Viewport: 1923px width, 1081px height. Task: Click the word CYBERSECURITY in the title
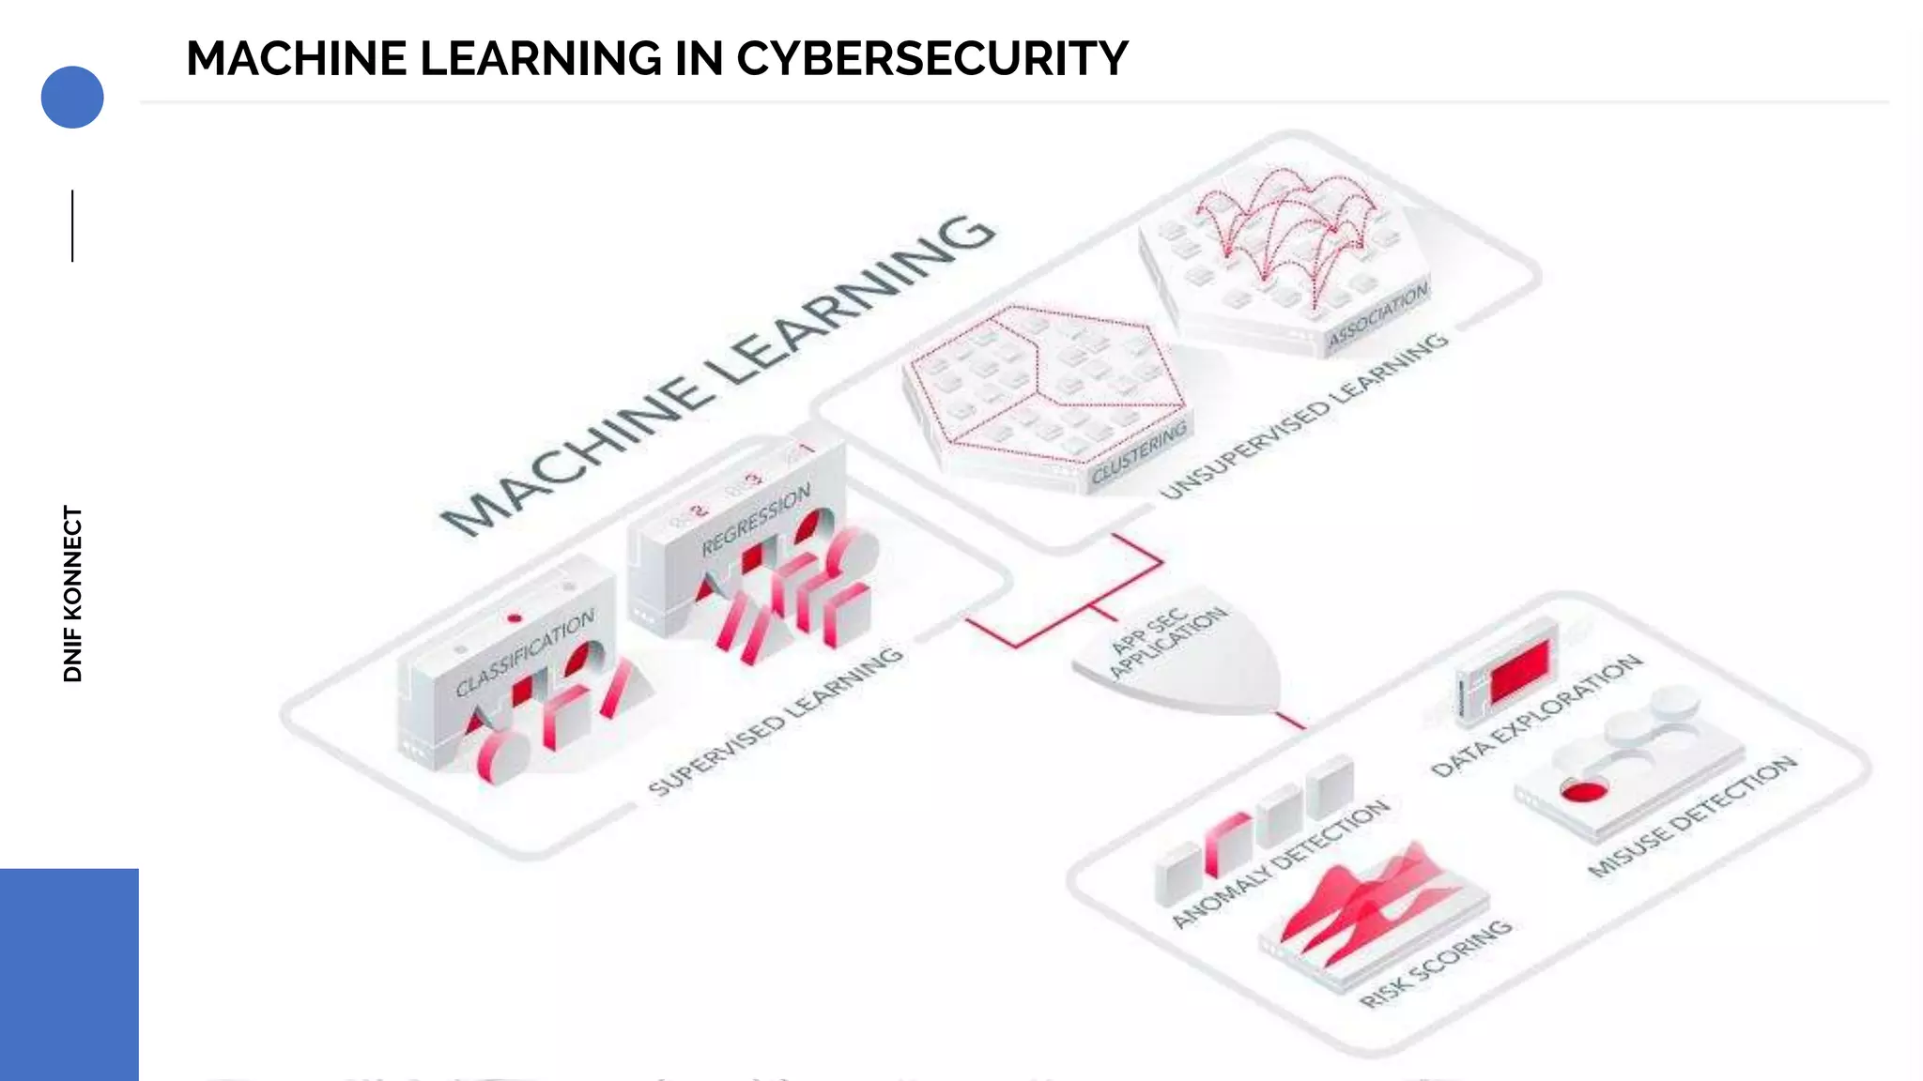[931, 59]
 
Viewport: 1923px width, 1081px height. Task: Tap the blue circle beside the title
[72, 97]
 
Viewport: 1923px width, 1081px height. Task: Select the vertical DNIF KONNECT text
[73, 594]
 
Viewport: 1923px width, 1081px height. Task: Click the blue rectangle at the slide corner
[69, 974]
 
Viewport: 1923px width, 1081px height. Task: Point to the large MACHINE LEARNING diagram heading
[718, 375]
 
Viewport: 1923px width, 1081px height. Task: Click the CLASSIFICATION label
[525, 654]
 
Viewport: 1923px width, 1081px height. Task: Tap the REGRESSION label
[756, 519]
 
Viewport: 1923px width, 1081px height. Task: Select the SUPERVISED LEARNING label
[776, 721]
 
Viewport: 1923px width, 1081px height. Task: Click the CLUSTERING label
[1139, 452]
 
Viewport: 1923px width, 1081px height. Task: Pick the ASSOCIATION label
[1377, 314]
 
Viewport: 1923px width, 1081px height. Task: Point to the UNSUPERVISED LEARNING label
[1304, 415]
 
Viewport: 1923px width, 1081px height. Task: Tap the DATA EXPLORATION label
[1536, 715]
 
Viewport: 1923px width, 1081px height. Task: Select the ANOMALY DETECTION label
[1281, 863]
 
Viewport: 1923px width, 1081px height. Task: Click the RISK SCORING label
[1436, 963]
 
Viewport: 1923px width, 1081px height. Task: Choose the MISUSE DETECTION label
[1692, 815]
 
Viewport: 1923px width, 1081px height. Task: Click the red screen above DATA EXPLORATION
[1519, 670]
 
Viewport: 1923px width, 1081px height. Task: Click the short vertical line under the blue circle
[72, 226]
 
